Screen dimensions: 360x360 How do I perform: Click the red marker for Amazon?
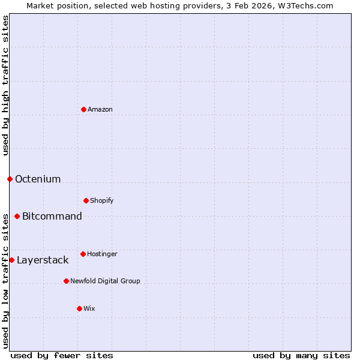pyautogui.click(x=83, y=109)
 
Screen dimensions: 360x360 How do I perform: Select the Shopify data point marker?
pyautogui.click(x=86, y=200)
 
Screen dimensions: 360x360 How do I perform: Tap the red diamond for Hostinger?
pyautogui.click(x=83, y=254)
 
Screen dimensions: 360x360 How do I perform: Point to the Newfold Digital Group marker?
pyautogui.click(x=66, y=281)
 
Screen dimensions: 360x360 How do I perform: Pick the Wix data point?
pyautogui.click(x=79, y=308)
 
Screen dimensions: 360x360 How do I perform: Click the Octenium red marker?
pyautogui.click(x=10, y=179)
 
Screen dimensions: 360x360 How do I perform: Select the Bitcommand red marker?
pyautogui.click(x=17, y=216)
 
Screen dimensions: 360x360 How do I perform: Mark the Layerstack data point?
pyautogui.click(x=11, y=260)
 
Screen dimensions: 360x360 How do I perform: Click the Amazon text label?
pyautogui.click(x=100, y=109)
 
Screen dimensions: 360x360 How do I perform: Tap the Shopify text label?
pyautogui.click(x=102, y=200)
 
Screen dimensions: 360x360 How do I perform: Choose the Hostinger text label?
pyautogui.click(x=102, y=254)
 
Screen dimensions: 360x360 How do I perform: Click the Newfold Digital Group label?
pyautogui.click(x=105, y=281)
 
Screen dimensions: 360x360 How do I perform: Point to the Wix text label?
pyautogui.click(x=89, y=308)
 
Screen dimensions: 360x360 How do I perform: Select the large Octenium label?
pyautogui.click(x=38, y=179)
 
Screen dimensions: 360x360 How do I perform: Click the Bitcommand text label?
pyautogui.click(x=52, y=216)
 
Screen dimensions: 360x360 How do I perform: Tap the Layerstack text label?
pyautogui.click(x=43, y=260)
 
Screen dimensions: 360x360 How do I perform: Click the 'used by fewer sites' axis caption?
pyautogui.click(x=62, y=355)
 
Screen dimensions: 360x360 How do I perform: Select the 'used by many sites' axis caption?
pyautogui.click(x=301, y=355)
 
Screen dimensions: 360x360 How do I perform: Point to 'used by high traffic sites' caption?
pyautogui.click(x=5, y=85)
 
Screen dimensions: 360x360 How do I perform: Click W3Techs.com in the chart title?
pyautogui.click(x=305, y=5)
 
